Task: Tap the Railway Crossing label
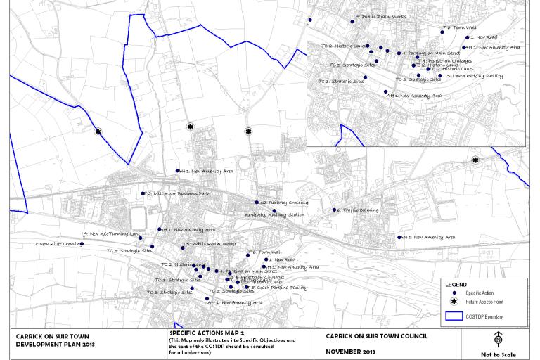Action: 284,202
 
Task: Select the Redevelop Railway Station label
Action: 274,214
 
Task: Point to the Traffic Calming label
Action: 359,210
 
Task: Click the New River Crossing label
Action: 56,244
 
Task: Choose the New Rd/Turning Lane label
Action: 112,233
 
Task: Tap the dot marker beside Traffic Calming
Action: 335,210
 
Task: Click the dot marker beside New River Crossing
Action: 82,244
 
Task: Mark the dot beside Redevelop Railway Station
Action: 274,210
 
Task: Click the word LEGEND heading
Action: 456,285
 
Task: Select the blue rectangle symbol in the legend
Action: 454,316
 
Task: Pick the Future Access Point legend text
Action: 484,301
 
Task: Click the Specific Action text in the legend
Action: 480,292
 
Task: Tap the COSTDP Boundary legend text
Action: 484,316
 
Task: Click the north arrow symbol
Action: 498,340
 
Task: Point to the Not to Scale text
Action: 498,354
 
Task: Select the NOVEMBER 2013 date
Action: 350,352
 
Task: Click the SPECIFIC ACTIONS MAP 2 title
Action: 207,333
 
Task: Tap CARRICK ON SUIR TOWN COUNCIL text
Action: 376,336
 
